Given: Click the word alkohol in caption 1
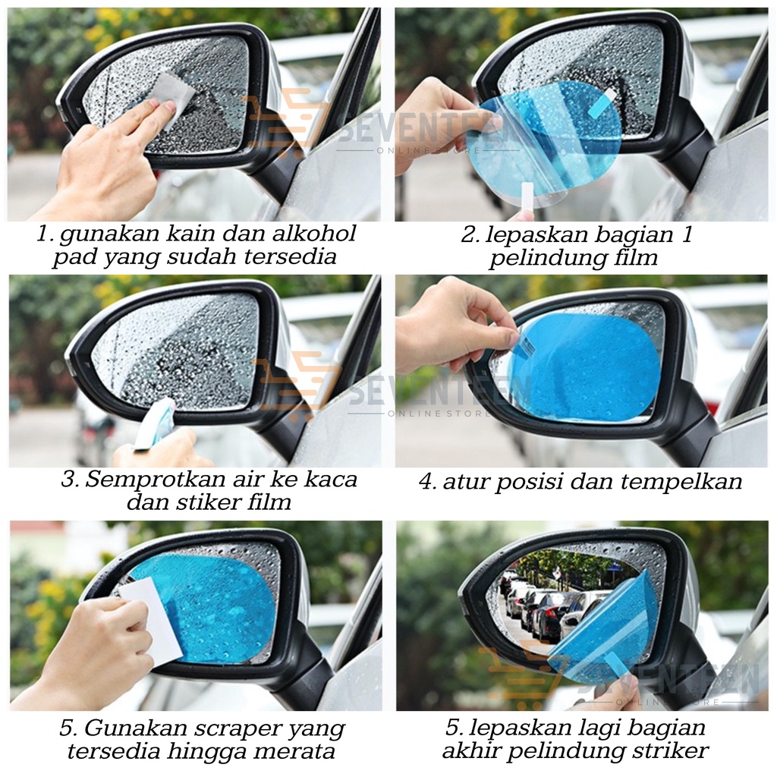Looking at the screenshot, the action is click(x=315, y=234).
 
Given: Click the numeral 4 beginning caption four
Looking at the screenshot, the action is click(x=426, y=482).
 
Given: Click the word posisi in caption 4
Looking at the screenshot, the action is click(x=529, y=482).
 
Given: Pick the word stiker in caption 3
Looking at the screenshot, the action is click(x=208, y=502).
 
